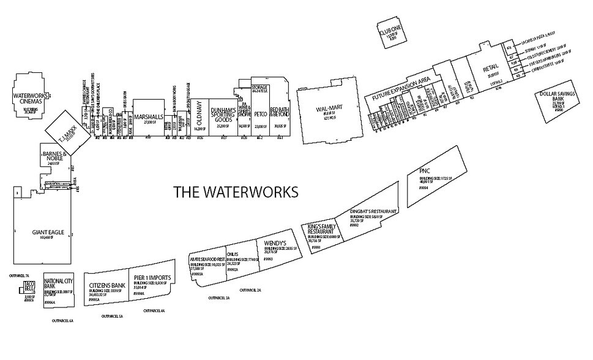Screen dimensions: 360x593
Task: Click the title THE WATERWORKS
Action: pyautogui.click(x=236, y=192)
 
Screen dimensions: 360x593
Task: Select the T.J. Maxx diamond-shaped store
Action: pyautogui.click(x=65, y=130)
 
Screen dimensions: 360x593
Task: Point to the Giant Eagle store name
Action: pyautogui.click(x=47, y=233)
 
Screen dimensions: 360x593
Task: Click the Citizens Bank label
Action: pyautogui.click(x=107, y=286)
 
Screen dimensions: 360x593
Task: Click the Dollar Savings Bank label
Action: pyautogui.click(x=553, y=98)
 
